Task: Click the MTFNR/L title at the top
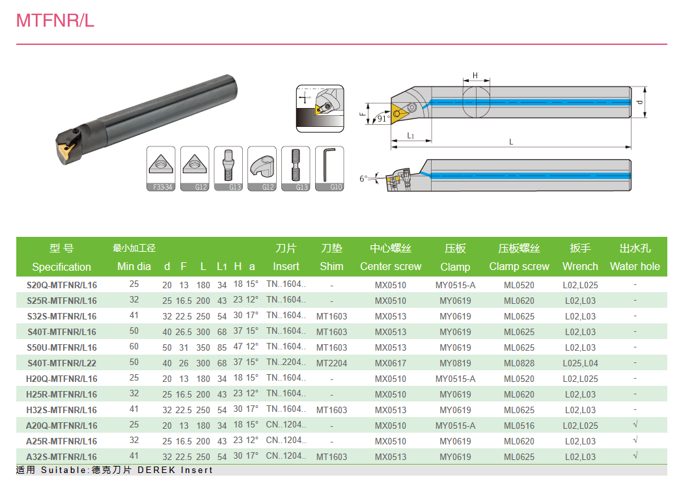pos(55,20)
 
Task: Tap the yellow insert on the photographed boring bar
pos(66,150)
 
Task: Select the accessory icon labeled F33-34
pos(161,169)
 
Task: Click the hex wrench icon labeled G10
pos(329,169)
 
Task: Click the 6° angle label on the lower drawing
pos(363,178)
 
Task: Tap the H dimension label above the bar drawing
pos(475,75)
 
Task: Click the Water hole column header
pos(635,267)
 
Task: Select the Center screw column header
pos(391,267)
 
